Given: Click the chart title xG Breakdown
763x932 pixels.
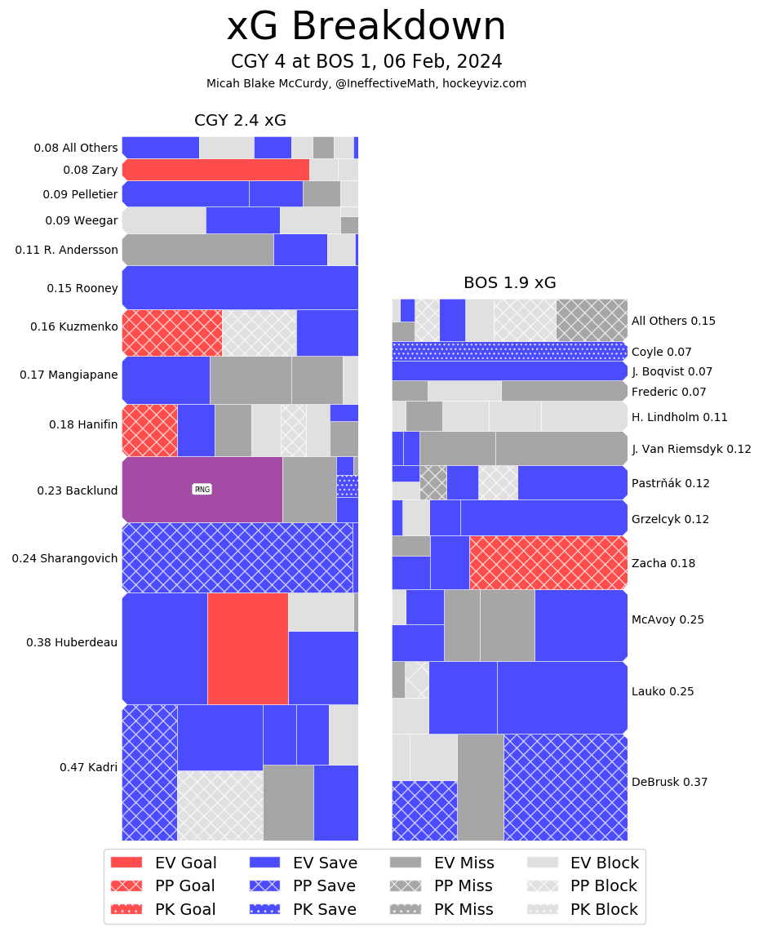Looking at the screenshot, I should pyautogui.click(x=366, y=27).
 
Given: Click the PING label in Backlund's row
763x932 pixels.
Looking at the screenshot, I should pyautogui.click(x=202, y=489).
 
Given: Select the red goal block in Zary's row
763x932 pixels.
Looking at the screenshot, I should pyautogui.click(x=215, y=170).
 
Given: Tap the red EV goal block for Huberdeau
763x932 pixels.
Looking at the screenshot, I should pyautogui.click(x=247, y=648).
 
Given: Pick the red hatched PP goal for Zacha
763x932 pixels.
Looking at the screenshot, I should pyautogui.click(x=548, y=562).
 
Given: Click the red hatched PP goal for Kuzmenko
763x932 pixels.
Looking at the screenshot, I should pyautogui.click(x=172, y=332).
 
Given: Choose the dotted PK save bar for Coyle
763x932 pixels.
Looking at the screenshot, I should pyautogui.click(x=509, y=351).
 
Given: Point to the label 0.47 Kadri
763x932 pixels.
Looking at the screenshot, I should pyautogui.click(x=88, y=767).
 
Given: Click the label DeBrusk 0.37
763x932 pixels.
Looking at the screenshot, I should pyautogui.click(x=669, y=782).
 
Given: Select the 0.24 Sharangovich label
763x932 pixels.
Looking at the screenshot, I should pyautogui.click(x=64, y=558).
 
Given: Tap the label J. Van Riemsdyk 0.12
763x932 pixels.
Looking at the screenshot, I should pyautogui.click(x=691, y=449).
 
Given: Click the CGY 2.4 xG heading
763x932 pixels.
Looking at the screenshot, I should pyautogui.click(x=240, y=121).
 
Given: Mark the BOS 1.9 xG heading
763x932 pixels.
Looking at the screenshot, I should pyautogui.click(x=509, y=283).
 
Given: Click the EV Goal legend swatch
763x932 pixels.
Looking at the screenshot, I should pyautogui.click(x=126, y=863).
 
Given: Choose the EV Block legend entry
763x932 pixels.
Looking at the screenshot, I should pyautogui.click(x=583, y=863).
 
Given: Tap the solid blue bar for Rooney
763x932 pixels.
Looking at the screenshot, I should pyautogui.click(x=240, y=287).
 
